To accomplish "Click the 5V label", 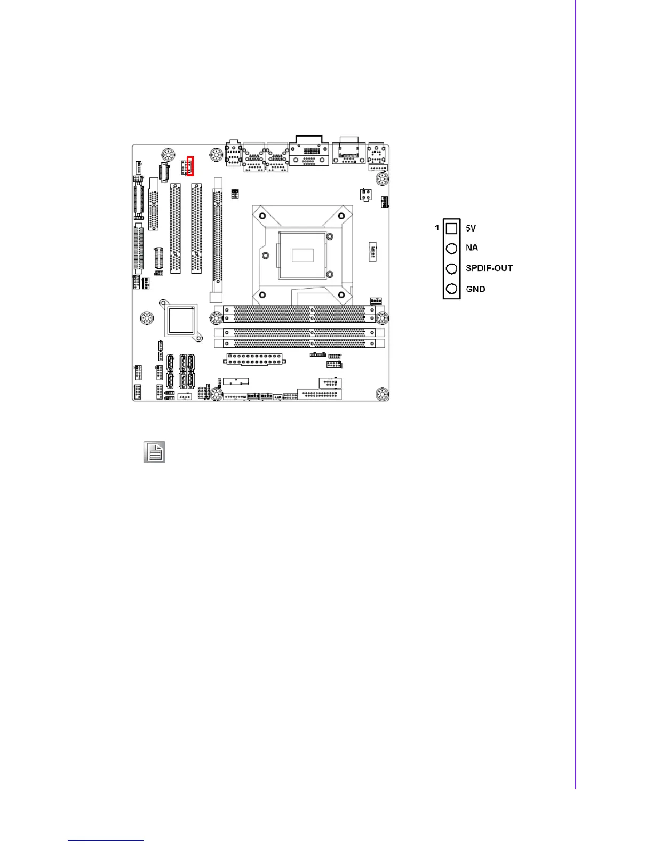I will (471, 228).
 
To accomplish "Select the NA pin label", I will (472, 248).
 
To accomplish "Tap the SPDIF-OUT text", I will (489, 268).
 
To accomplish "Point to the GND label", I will (475, 289).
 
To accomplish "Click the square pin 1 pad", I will (451, 228).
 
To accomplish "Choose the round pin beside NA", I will (451, 248).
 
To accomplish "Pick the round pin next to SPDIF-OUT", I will (451, 268).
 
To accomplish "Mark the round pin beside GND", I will (451, 289).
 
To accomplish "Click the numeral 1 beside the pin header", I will (437, 228).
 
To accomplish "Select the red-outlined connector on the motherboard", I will (190, 166).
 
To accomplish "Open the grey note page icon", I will (154, 452).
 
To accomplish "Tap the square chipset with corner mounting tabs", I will (180, 320).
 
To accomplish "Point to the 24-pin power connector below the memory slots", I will (254, 359).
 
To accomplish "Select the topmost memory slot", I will (299, 309).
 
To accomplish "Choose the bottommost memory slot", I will (299, 344).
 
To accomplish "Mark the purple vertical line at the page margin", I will (576, 395).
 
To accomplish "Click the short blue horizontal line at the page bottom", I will (106, 841).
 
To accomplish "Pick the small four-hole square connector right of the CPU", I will (365, 195).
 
